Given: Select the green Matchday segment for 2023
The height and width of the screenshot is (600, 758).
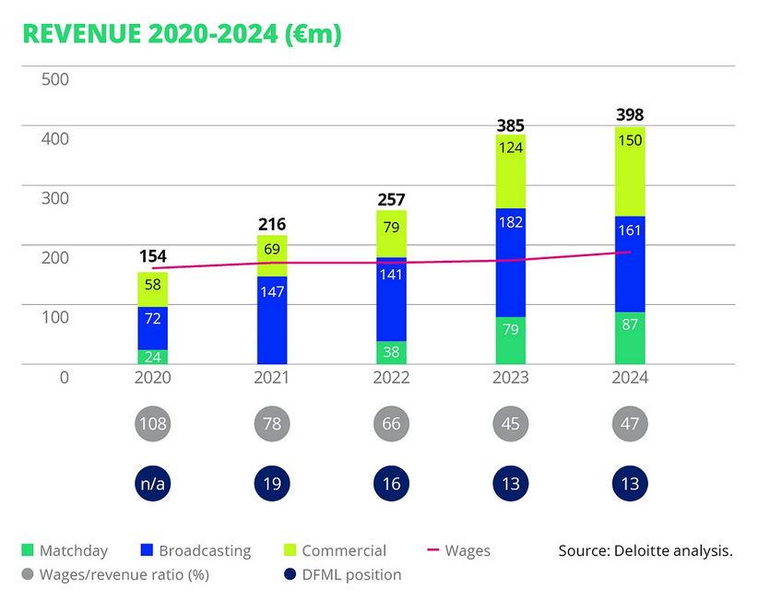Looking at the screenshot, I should pyautogui.click(x=510, y=340).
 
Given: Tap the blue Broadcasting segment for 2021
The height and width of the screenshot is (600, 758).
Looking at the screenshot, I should pyautogui.click(x=272, y=320).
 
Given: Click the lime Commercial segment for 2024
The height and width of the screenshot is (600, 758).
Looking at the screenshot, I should pyautogui.click(x=630, y=171).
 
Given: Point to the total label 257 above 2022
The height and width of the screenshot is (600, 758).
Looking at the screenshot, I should pyautogui.click(x=391, y=200).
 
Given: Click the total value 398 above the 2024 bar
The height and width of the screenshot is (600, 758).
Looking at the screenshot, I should pyautogui.click(x=630, y=115).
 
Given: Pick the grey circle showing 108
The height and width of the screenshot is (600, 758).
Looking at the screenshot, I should pyautogui.click(x=152, y=425).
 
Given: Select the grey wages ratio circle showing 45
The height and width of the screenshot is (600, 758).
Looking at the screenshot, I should pyautogui.click(x=510, y=425).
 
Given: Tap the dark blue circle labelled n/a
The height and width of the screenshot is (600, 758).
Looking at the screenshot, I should pyautogui.click(x=152, y=483).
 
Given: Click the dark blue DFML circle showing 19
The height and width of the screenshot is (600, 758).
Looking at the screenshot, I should pyautogui.click(x=272, y=483).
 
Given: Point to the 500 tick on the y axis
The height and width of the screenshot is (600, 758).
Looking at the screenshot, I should pyautogui.click(x=55, y=79).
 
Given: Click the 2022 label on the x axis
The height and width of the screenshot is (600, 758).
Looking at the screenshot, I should pyautogui.click(x=391, y=377).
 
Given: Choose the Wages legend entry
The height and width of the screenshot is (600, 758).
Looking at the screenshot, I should pyautogui.click(x=458, y=551).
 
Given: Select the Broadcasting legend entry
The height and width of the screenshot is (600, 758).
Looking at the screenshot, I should pyautogui.click(x=194, y=551).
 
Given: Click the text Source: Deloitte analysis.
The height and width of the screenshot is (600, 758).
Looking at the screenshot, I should pyautogui.click(x=645, y=551).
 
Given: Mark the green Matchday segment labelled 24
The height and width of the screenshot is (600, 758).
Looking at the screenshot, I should pyautogui.click(x=152, y=357).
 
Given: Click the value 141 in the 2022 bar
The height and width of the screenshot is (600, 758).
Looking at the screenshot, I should pyautogui.click(x=391, y=299).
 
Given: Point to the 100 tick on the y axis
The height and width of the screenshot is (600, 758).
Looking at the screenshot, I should pyautogui.click(x=55, y=317).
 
